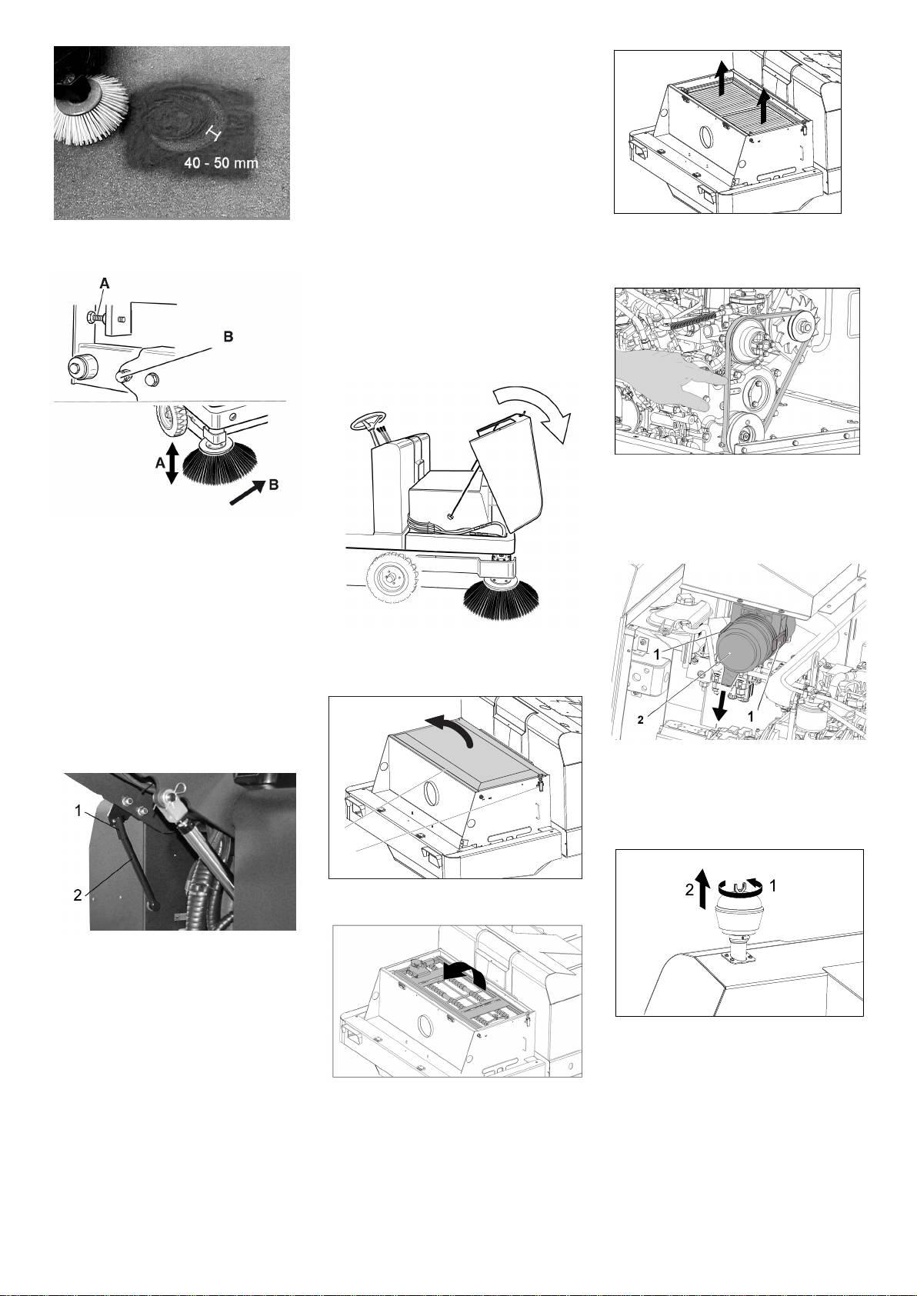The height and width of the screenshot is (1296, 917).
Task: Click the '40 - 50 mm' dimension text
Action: pos(221,163)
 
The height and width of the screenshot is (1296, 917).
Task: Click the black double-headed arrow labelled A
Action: pos(172,463)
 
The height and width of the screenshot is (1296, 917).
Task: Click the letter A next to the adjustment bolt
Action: pos(104,284)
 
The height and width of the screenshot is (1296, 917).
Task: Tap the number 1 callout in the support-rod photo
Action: pos(78,811)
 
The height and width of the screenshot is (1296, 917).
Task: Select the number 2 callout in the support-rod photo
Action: pos(78,895)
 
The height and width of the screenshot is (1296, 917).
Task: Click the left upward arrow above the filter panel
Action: pos(720,78)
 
